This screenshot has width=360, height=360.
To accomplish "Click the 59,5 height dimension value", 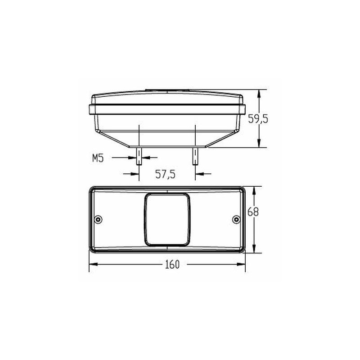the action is click(258, 119).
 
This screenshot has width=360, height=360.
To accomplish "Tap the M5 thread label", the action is click(98, 158).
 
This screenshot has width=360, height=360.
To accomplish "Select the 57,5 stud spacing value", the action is click(165, 174).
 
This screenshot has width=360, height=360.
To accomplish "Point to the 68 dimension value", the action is click(253, 212).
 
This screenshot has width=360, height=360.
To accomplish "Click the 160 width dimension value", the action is click(172, 265).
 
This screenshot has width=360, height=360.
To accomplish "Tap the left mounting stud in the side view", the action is click(139, 156).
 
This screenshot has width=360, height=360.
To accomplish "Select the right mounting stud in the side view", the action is click(195, 156).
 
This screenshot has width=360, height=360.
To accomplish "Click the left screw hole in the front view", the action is click(99, 219).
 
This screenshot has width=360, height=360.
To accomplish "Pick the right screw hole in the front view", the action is click(236, 219).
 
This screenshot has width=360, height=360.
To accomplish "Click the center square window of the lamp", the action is click(167, 220).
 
